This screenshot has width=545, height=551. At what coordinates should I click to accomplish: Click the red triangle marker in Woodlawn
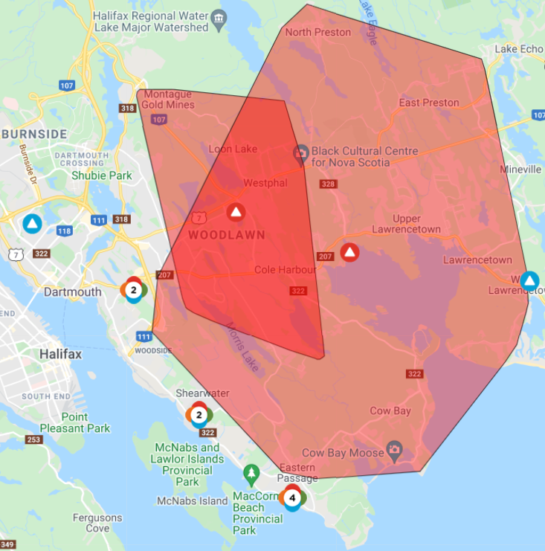pyautogui.click(x=236, y=212)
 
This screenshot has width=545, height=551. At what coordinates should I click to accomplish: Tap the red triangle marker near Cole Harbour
pyautogui.click(x=349, y=252)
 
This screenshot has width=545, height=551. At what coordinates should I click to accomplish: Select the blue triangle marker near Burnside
pyautogui.click(x=32, y=223)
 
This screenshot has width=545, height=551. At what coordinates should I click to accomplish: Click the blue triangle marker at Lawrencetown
pyautogui.click(x=529, y=280)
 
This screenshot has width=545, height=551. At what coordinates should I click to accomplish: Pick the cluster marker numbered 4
pyautogui.click(x=292, y=497)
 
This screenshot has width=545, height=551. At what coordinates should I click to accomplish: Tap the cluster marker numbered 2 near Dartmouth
pyautogui.click(x=133, y=289)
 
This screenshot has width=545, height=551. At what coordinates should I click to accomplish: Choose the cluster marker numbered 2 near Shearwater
pyautogui.click(x=199, y=414)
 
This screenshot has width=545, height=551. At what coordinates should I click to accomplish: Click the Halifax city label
pyautogui.click(x=61, y=354)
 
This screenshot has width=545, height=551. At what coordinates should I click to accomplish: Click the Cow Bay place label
pyautogui.click(x=390, y=410)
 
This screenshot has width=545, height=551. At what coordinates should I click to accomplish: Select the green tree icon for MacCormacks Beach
pyautogui.click(x=251, y=473)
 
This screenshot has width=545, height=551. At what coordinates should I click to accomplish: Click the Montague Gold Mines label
pyautogui.click(x=169, y=100)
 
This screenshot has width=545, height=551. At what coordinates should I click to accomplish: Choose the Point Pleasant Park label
pyautogui.click(x=86, y=422)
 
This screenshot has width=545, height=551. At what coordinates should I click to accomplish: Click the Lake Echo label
pyautogui.click(x=520, y=49)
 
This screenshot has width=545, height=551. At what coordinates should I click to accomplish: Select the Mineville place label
pyautogui.click(x=520, y=170)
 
